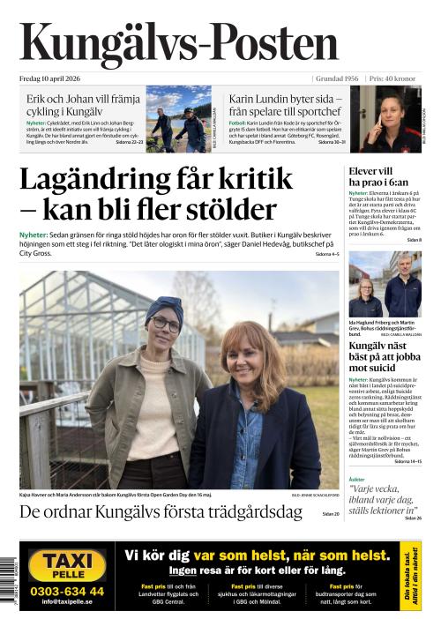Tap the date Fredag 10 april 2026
point(54,78)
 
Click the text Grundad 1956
point(336,78)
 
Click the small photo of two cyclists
point(177,119)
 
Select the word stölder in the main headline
point(232,211)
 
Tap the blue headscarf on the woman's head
point(164,304)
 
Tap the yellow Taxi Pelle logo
point(66,565)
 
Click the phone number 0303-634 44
point(66,591)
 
